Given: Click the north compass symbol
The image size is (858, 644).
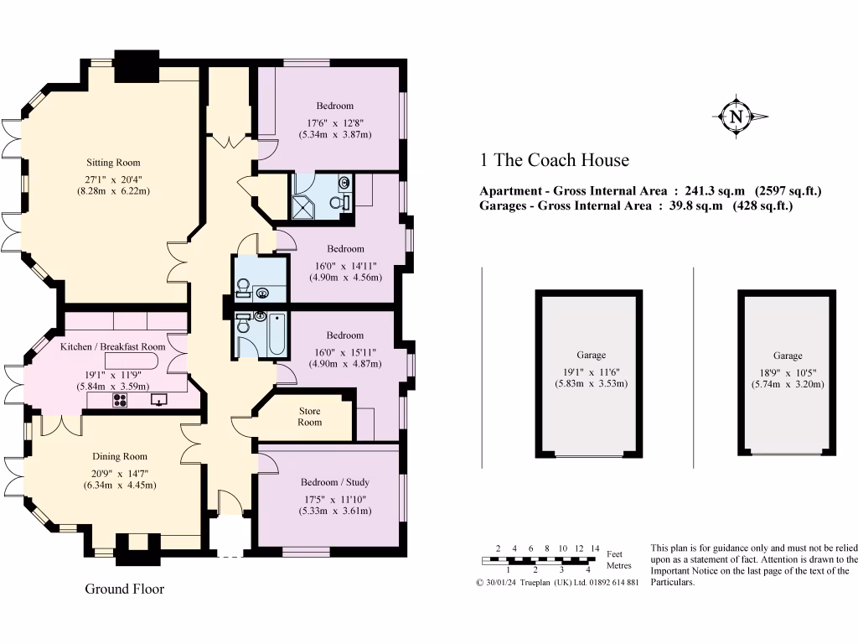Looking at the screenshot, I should (737, 117).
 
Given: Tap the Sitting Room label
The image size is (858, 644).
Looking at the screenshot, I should (113, 163).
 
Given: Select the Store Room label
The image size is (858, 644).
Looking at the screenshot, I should (309, 417).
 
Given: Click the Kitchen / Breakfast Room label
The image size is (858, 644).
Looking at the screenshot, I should (113, 346).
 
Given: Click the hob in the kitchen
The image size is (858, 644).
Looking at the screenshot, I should (119, 400).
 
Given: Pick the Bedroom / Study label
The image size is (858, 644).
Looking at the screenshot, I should (334, 482).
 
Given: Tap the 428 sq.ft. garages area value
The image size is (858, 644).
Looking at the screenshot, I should (762, 205).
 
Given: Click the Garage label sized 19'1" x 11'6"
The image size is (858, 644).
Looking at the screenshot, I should (591, 355).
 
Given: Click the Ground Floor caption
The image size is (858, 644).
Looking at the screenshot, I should (125, 589).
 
